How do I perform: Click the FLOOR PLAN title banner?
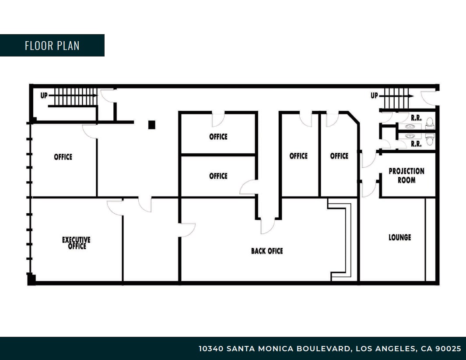52,46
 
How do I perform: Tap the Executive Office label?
76,243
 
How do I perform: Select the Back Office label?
267,251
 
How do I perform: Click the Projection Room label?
406,175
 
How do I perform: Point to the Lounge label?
400,237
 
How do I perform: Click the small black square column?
152,125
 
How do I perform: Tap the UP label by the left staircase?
44,95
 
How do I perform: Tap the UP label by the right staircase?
374,95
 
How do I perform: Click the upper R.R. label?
416,117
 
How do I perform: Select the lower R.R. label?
416,144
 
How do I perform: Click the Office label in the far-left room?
63,157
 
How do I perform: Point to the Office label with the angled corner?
339,156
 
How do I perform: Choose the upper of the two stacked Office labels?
218,137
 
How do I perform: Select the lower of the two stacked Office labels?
218,176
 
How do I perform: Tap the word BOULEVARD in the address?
324,349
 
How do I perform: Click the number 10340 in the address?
212,349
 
